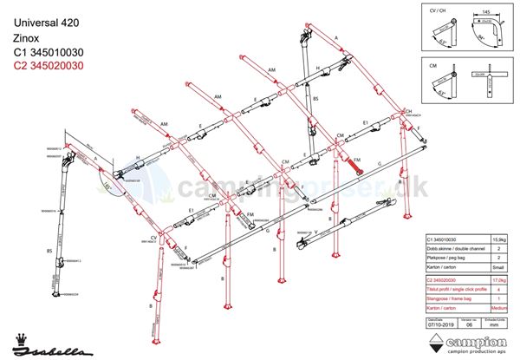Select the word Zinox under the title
click(25, 39)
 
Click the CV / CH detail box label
click(439, 10)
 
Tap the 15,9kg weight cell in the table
click(500, 239)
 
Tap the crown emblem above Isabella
click(21, 334)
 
